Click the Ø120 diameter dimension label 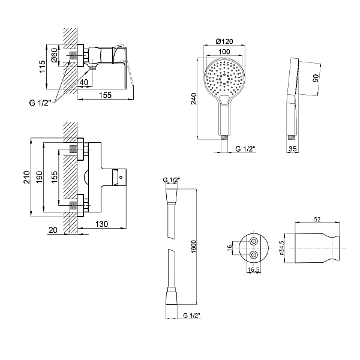tap(224, 41)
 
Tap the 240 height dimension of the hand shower tap(194, 99)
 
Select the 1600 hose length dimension tap(194, 247)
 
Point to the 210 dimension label tap(27, 177)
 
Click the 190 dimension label tap(39, 177)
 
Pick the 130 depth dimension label tap(101, 224)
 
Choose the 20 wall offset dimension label tap(53, 230)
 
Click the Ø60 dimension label tap(55, 55)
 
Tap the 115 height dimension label tap(42, 67)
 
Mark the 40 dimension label tap(84, 82)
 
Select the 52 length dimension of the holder tap(317, 220)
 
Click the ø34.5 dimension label tap(281, 248)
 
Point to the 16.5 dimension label tap(254, 270)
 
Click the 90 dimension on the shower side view tap(316, 78)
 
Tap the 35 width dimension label tap(293, 149)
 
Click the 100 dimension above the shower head tap(224, 52)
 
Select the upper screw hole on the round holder tap(254, 242)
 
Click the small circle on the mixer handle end tap(121, 177)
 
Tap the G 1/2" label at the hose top tap(172, 180)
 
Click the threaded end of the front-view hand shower tap(224, 137)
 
